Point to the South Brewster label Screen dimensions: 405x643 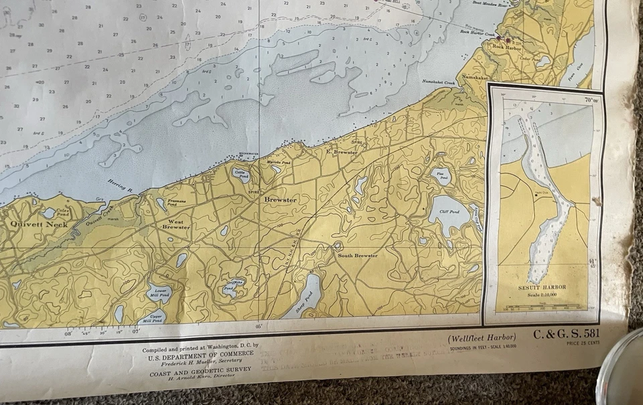click(357, 256)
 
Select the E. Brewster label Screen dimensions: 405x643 click(341, 153)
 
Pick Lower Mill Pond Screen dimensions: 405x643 click(158, 293)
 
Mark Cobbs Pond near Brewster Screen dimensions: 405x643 click(240, 175)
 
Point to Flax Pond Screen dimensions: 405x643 click(441, 176)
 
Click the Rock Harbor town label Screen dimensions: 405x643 click(507, 47)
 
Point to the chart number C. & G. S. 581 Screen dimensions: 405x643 click(566, 333)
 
